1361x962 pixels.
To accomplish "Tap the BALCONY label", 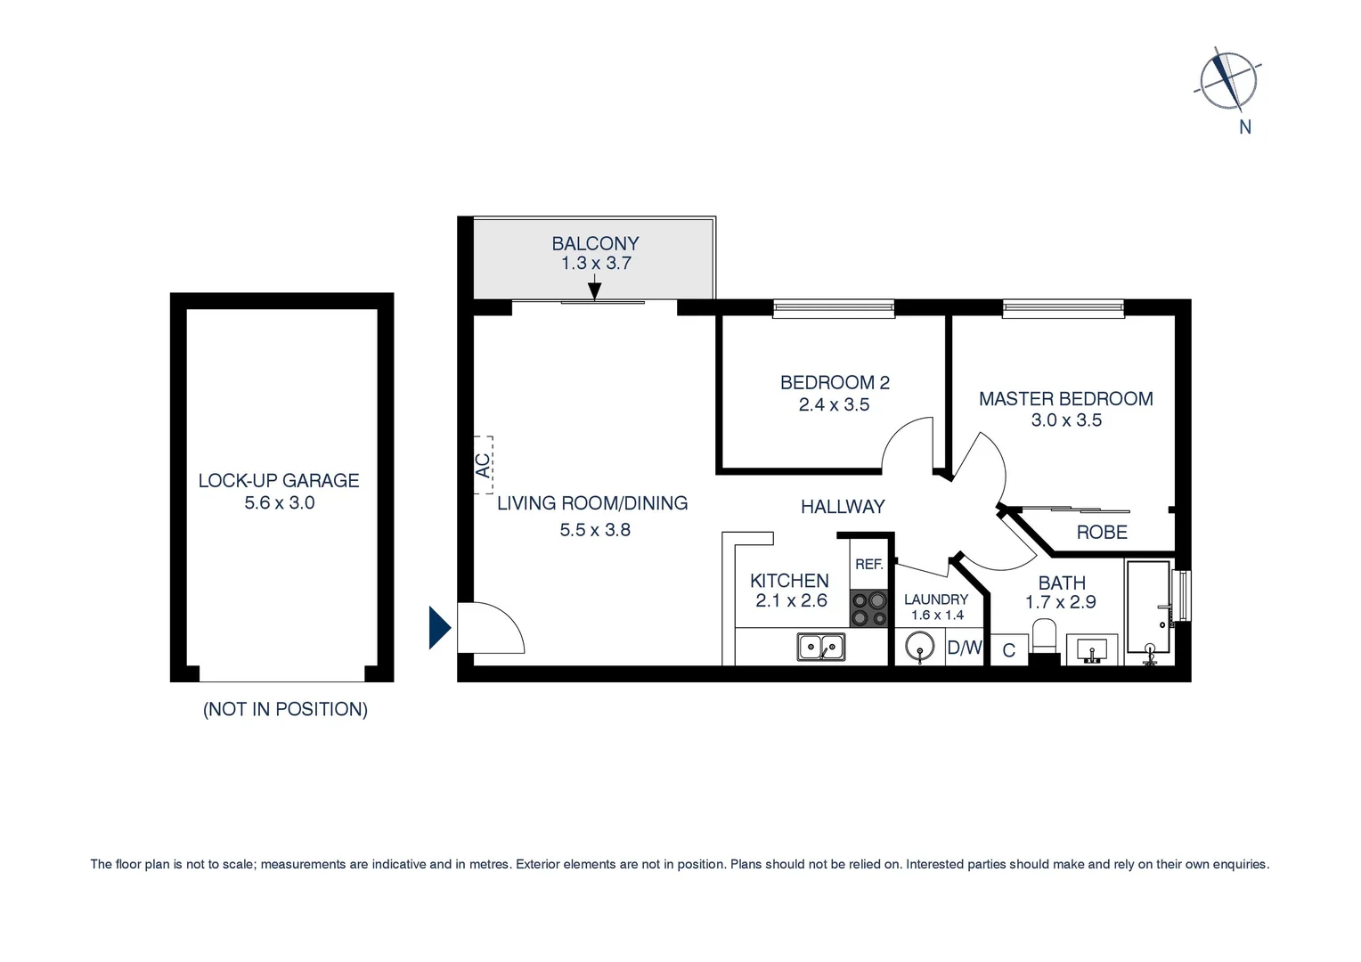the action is (x=595, y=243).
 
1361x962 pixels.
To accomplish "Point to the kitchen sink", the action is (x=821, y=646).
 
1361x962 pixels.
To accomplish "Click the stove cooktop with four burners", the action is (x=868, y=608).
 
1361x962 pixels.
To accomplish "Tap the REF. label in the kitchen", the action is (x=868, y=564).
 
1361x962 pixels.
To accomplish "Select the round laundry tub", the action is (x=919, y=647).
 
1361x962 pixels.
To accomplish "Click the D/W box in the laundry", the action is (x=964, y=648).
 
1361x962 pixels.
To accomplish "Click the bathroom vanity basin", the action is (x=1091, y=649).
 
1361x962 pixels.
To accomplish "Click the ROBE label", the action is (x=1102, y=532).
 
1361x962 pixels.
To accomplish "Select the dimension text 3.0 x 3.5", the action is (x=1066, y=420).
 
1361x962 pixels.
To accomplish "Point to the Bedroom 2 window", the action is (x=834, y=308).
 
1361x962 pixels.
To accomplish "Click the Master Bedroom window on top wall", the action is (x=1063, y=308).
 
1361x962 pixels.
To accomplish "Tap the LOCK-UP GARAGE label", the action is (x=279, y=480).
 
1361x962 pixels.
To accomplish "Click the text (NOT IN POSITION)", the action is (x=285, y=709).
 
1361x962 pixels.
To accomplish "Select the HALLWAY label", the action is (x=843, y=507).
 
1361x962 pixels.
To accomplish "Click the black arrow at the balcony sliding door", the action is (x=595, y=289).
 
